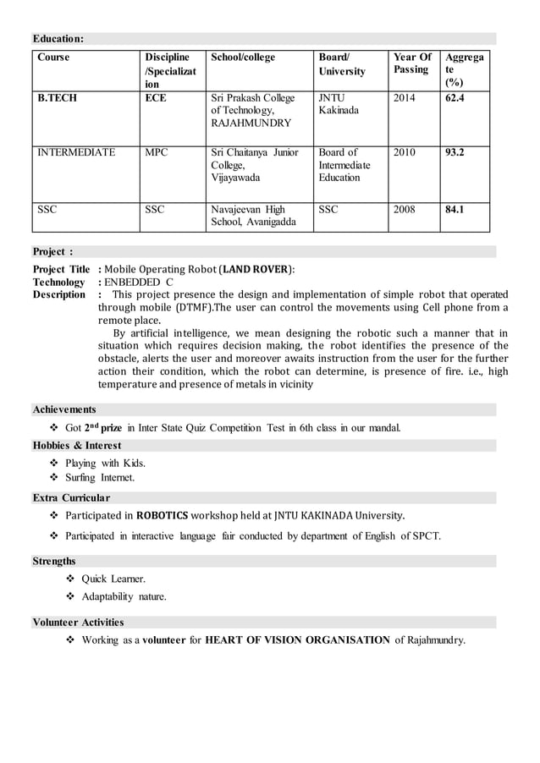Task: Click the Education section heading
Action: click(58, 38)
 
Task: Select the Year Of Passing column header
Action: click(412, 63)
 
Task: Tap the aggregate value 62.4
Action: click(455, 98)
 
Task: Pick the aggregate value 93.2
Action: click(455, 152)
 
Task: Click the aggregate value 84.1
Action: click(455, 209)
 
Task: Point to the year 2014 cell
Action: click(405, 98)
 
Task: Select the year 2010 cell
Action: click(405, 152)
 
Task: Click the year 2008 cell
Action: click(405, 209)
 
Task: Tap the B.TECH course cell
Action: click(57, 98)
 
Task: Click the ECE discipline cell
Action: click(156, 98)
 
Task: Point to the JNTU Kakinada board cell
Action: click(338, 104)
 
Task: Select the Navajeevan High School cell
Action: click(253, 216)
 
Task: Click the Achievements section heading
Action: click(64, 409)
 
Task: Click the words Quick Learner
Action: click(113, 579)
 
